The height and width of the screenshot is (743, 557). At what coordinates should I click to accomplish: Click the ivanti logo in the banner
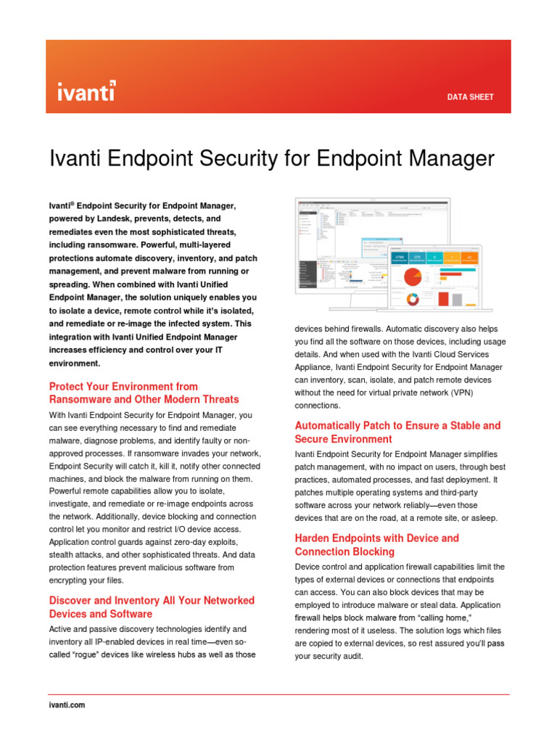(x=86, y=91)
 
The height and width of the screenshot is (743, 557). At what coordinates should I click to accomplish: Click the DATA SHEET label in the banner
(x=470, y=97)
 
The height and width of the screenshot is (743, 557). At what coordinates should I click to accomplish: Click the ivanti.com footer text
(x=67, y=705)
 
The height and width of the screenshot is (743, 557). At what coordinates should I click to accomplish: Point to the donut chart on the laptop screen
(x=414, y=298)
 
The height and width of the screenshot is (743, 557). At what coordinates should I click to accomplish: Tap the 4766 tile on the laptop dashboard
(x=400, y=257)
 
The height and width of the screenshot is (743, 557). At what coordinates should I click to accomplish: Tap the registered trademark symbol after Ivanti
(x=73, y=204)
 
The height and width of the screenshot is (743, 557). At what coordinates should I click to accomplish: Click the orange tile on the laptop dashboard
(x=451, y=257)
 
